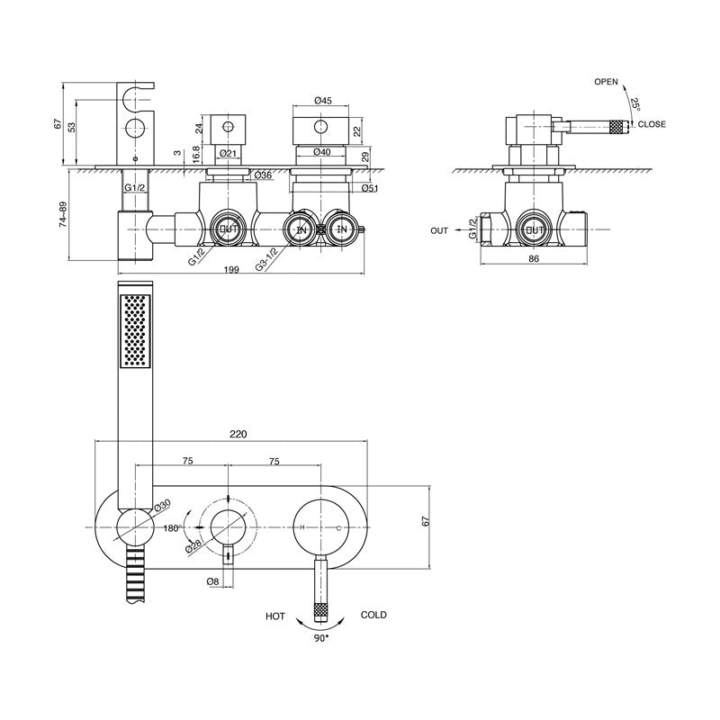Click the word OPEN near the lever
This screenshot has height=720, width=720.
(x=607, y=82)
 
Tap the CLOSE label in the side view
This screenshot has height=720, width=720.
(x=652, y=124)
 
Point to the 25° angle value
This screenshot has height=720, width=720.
(x=636, y=104)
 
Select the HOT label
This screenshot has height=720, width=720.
(x=276, y=616)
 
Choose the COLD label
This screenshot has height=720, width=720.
(x=373, y=615)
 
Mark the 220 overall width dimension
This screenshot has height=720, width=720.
(x=238, y=434)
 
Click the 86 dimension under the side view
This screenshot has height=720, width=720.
(x=533, y=259)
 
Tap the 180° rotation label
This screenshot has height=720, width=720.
(x=171, y=528)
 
